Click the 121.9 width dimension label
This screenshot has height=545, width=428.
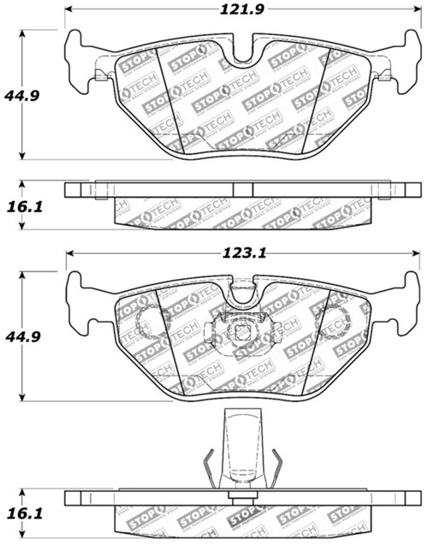pyautogui.click(x=243, y=10)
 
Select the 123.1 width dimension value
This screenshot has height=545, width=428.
pyautogui.click(x=243, y=253)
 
